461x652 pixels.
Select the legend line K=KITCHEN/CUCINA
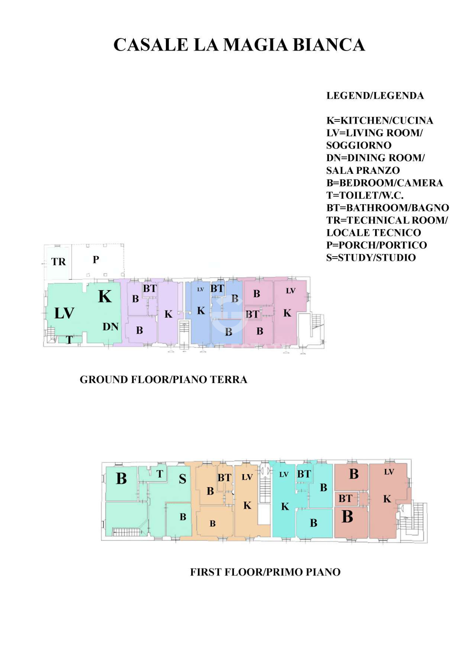point(380,120)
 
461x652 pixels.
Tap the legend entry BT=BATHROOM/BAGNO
point(387,208)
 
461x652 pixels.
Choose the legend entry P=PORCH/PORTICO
point(376,245)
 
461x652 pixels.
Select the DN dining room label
point(110,327)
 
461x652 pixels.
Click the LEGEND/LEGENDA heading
point(375,96)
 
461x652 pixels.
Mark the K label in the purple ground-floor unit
point(168,314)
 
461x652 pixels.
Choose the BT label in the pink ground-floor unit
point(252,314)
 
